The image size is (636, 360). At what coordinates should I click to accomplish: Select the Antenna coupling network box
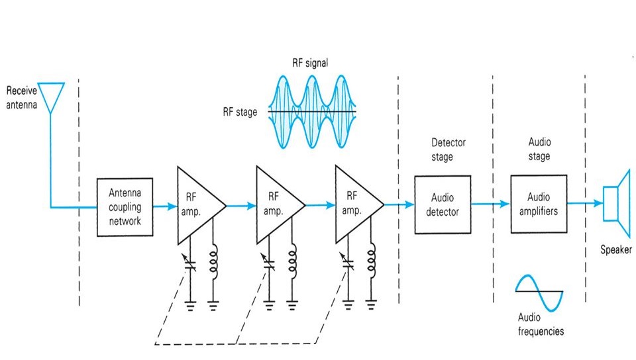pyautogui.click(x=125, y=206)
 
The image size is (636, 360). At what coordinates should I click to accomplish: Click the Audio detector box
pyautogui.click(x=443, y=204)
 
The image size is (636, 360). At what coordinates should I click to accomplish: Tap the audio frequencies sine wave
pyautogui.click(x=539, y=291)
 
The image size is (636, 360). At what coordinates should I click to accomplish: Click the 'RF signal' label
pyautogui.click(x=310, y=64)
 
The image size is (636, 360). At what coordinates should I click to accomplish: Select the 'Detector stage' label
pyautogui.click(x=449, y=150)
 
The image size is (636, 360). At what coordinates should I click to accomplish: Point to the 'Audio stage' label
pyautogui.click(x=539, y=149)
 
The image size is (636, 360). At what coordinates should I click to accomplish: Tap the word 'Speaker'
pyautogui.click(x=615, y=250)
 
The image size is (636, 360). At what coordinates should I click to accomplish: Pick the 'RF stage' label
pyautogui.click(x=240, y=112)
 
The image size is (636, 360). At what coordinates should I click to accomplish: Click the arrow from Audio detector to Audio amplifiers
pyautogui.click(x=490, y=204)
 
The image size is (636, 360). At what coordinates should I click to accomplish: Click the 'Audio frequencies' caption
pyautogui.click(x=540, y=324)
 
